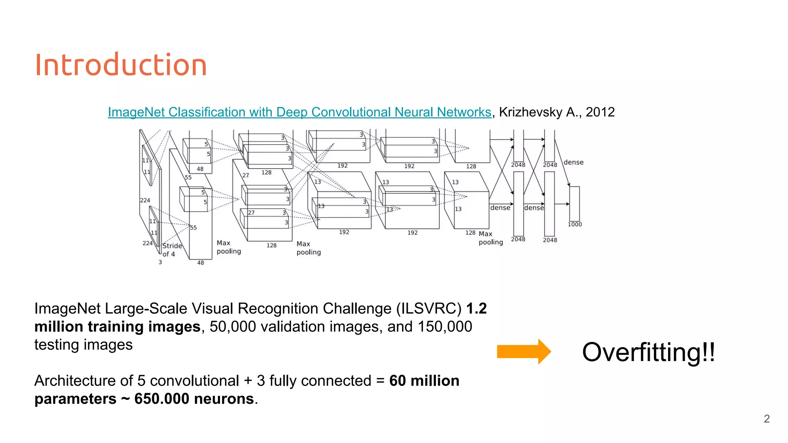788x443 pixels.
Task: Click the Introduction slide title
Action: pos(121,65)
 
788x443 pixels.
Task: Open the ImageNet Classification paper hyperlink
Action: pos(299,112)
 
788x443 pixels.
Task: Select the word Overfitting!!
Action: pos(648,352)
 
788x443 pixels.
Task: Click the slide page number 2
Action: pos(766,419)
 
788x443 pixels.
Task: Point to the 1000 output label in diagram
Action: pos(575,225)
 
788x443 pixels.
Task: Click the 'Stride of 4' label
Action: pos(172,250)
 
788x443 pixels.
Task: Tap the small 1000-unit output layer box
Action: pos(574,204)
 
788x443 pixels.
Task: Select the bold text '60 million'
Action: pos(424,381)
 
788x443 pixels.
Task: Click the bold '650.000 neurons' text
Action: pos(194,399)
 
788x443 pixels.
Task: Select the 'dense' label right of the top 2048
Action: pos(573,162)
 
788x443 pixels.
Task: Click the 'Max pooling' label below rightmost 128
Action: pos(491,238)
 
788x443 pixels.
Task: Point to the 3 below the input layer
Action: pos(160,262)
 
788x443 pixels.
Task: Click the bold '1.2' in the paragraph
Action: pos(476,308)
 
